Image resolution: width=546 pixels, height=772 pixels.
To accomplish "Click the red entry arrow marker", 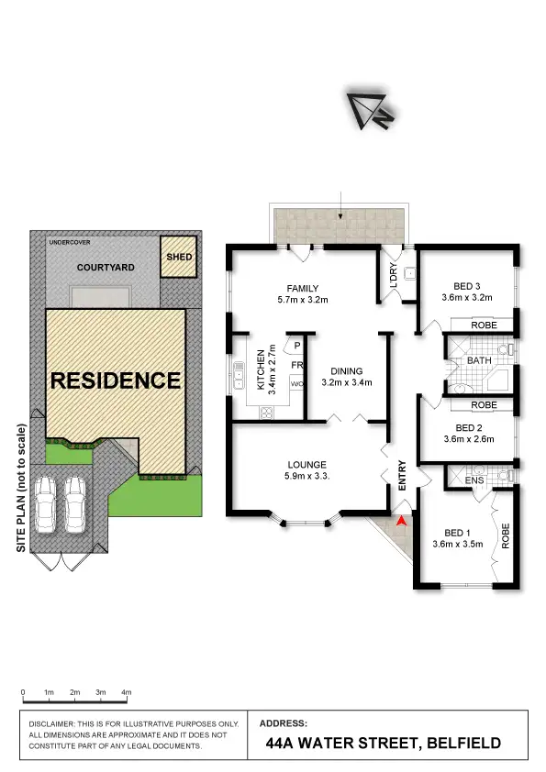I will click(401, 521).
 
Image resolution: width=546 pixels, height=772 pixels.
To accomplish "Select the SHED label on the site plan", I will click(179, 257).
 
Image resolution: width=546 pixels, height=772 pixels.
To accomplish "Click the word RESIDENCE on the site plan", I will click(115, 380).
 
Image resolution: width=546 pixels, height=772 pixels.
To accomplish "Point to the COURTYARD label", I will click(106, 268).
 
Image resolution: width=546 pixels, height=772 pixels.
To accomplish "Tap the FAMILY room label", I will click(302, 287).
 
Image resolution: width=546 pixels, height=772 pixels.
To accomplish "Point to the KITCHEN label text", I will click(261, 370).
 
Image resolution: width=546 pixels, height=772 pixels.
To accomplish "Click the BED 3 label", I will click(468, 285).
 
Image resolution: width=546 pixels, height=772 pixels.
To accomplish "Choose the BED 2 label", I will click(468, 427).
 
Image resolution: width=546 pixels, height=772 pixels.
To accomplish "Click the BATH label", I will click(479, 360).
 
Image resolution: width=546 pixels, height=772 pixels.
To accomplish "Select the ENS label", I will click(474, 479).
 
